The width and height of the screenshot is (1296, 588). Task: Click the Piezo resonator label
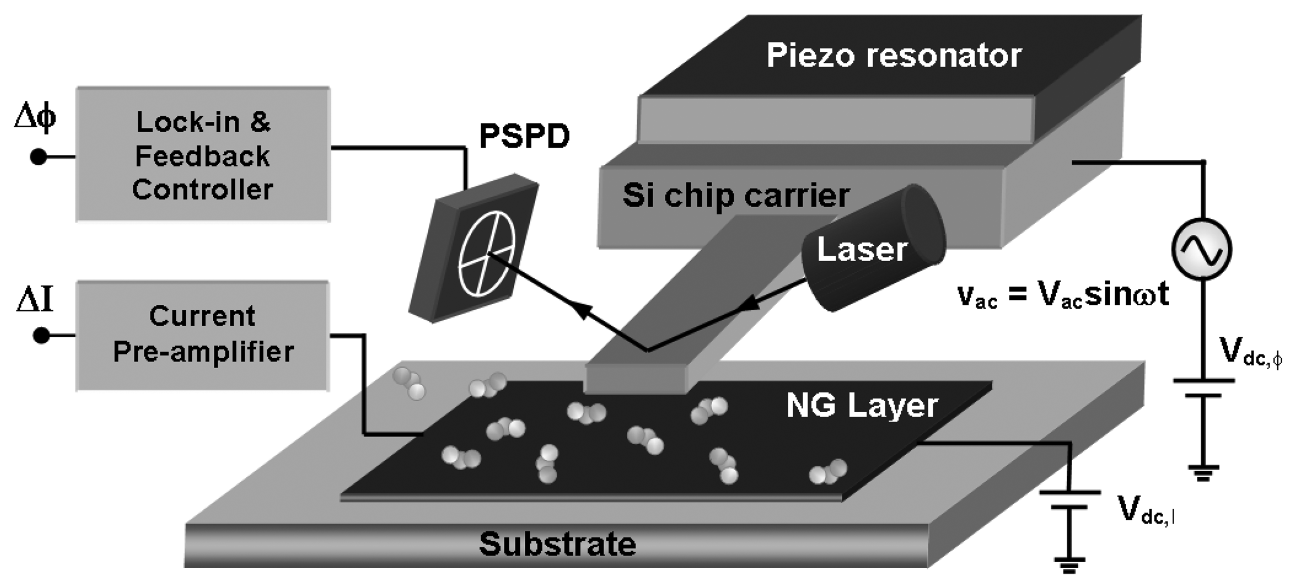[x=894, y=55]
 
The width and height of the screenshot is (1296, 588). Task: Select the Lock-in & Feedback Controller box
[x=203, y=154]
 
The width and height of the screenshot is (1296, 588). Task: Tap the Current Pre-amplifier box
[x=203, y=335]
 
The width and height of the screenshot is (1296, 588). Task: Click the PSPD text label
[x=524, y=136]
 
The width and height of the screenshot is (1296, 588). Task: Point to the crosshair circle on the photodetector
[x=487, y=254]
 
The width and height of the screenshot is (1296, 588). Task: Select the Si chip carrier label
[x=736, y=195]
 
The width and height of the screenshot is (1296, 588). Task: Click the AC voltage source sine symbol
[x=1202, y=249]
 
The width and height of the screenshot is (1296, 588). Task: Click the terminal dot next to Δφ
[x=38, y=157]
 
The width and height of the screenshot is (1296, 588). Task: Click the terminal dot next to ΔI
[x=41, y=335]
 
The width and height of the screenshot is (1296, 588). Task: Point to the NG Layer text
[x=862, y=406]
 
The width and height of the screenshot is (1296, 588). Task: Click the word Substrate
[x=557, y=544]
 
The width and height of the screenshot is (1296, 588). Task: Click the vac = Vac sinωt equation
[x=1063, y=295]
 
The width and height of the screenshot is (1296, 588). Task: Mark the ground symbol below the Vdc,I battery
[x=1069, y=565]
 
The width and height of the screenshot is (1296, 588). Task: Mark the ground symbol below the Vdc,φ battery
[x=1203, y=473]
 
